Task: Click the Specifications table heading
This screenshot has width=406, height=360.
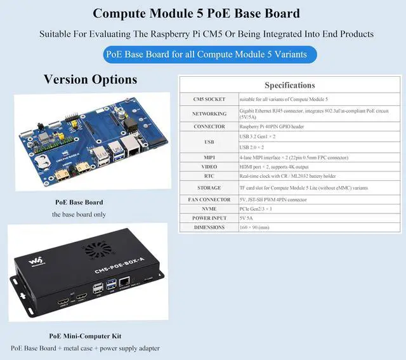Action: coord(289,85)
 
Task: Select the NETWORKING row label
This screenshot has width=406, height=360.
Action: coord(209,114)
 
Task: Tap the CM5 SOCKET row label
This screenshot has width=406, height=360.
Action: coord(209,100)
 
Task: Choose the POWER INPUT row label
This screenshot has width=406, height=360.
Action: coord(209,218)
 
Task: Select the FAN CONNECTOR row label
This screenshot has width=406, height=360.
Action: coord(209,199)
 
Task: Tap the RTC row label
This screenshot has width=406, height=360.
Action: coord(209,176)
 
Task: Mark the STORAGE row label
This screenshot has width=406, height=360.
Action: coord(209,188)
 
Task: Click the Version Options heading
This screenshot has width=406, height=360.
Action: coord(90,80)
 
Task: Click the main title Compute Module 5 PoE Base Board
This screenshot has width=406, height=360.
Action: coord(197,13)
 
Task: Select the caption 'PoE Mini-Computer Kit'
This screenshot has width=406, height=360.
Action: coord(85,336)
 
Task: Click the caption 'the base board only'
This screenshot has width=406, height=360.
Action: coord(79,214)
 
